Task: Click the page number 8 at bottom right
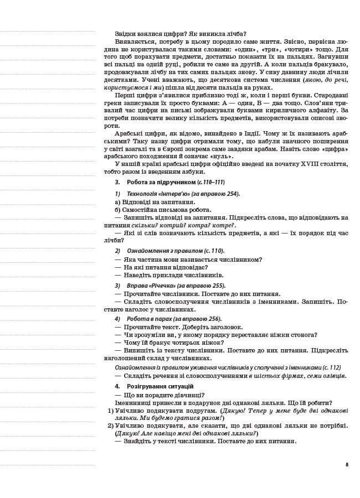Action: point(347,464)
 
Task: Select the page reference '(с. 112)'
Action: point(331,367)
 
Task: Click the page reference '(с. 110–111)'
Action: point(211,182)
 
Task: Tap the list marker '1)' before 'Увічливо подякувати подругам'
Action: point(110,411)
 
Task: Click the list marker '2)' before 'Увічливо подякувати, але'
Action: point(110,426)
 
